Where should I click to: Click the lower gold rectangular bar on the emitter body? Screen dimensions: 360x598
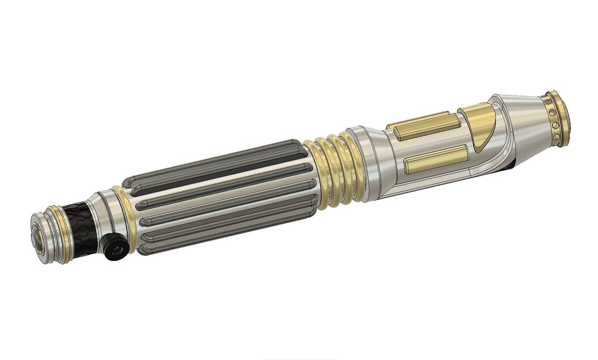pyautogui.click(x=435, y=159)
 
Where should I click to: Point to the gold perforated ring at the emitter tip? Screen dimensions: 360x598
pyautogui.click(x=557, y=119)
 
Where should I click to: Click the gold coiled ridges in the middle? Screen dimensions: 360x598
pyautogui.click(x=336, y=168)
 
